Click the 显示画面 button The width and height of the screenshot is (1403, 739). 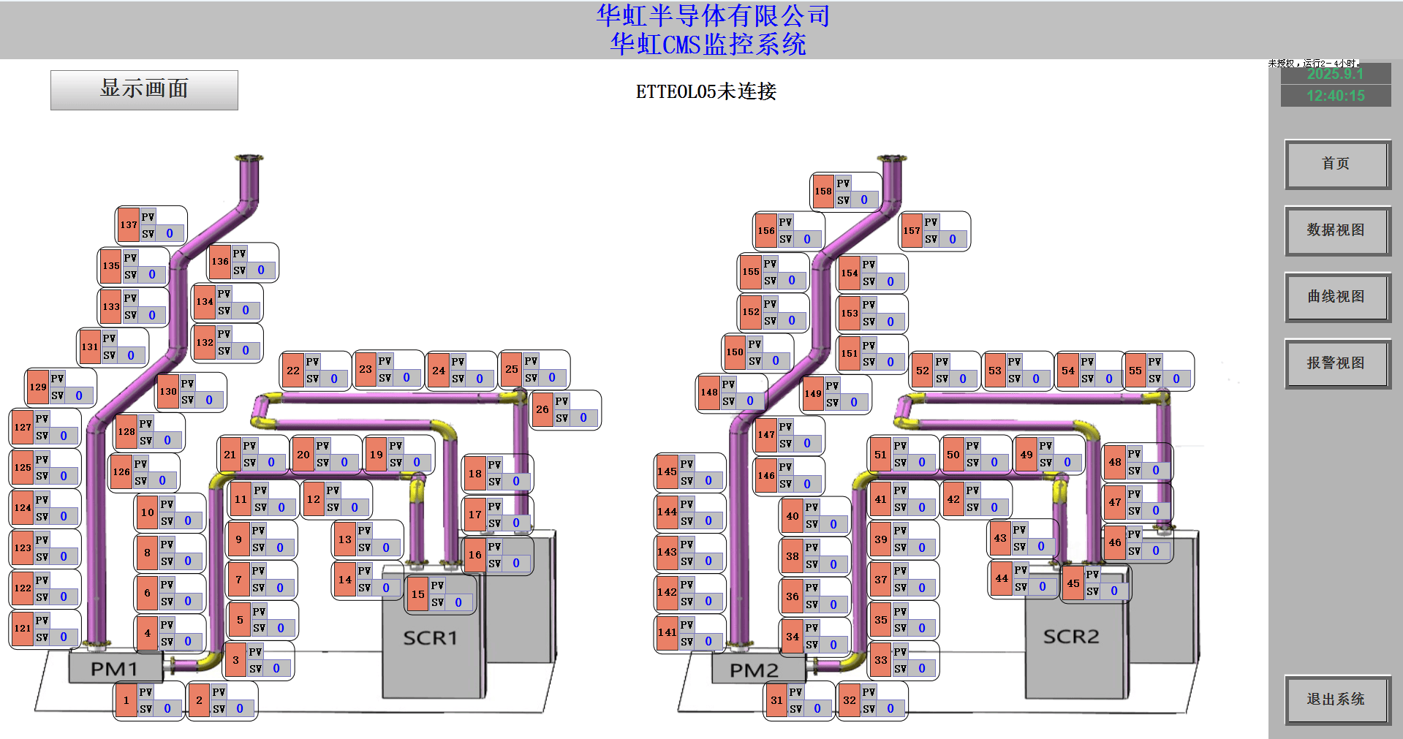(144, 90)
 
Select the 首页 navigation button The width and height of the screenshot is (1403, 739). (1336, 164)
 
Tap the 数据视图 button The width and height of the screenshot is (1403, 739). (1336, 230)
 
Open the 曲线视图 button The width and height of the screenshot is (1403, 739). (1336, 297)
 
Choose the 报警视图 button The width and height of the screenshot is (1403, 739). (1336, 363)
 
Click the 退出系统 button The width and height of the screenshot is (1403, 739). (1336, 700)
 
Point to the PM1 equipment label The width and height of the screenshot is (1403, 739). (114, 669)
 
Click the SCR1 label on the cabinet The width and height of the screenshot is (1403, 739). (430, 638)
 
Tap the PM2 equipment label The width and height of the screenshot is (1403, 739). (754, 670)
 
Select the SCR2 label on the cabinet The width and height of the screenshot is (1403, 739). (1070, 637)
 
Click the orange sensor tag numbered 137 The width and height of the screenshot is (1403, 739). (129, 225)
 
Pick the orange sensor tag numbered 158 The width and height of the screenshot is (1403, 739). (823, 192)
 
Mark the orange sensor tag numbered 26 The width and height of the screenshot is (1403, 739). (542, 409)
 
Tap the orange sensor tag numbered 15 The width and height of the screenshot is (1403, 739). (417, 594)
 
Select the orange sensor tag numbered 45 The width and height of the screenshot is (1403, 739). (1073, 583)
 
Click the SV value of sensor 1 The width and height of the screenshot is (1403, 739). (167, 708)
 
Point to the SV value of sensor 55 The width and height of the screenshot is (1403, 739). (1176, 379)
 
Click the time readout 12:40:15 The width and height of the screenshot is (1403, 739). (1335, 96)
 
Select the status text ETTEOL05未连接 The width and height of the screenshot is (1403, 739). (706, 92)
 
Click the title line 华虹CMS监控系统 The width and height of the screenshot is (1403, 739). (708, 45)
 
